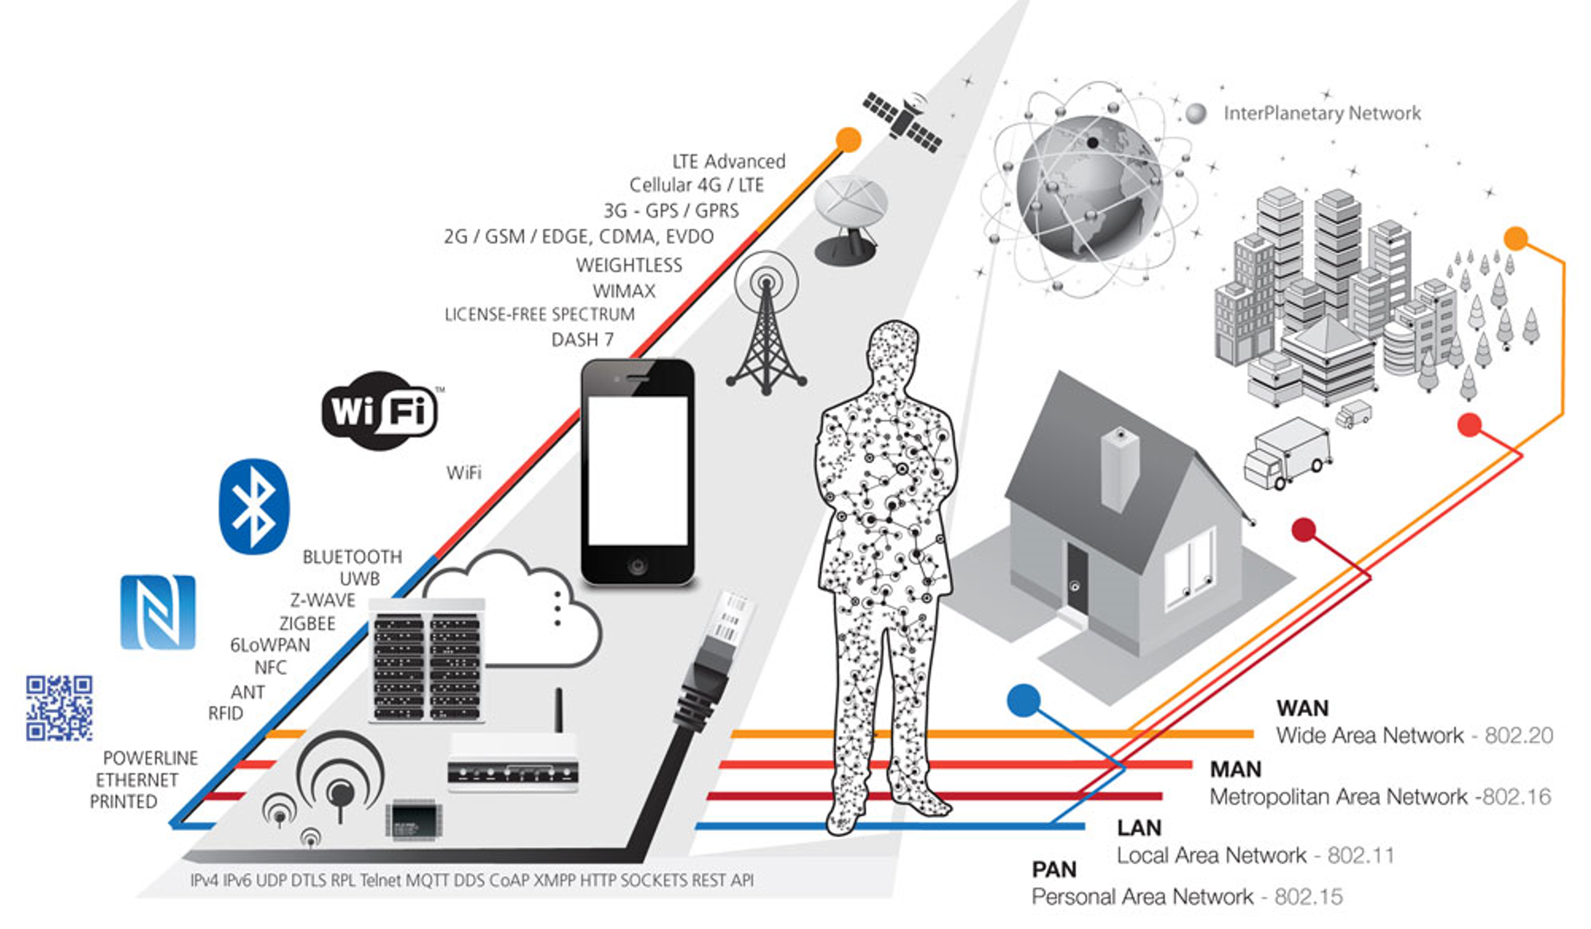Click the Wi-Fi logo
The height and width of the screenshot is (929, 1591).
coord(379,411)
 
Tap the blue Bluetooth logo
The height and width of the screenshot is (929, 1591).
coord(254,506)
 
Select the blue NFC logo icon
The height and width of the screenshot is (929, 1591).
coord(158,611)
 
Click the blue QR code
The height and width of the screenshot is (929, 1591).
coord(59,707)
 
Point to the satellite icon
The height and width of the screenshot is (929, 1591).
coord(903,122)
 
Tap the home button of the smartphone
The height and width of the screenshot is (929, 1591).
coord(637,565)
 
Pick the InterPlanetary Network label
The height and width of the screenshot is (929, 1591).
coord(1321,114)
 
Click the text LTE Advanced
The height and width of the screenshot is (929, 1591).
coord(728,161)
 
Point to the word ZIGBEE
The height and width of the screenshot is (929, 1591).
coord(307,623)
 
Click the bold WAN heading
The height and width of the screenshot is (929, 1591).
coord(1302,708)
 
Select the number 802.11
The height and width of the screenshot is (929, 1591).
coord(1361,855)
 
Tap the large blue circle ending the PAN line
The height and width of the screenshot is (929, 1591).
coord(1023,700)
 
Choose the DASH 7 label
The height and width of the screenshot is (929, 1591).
coord(582,340)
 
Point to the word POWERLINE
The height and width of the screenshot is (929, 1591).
coord(150,758)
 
